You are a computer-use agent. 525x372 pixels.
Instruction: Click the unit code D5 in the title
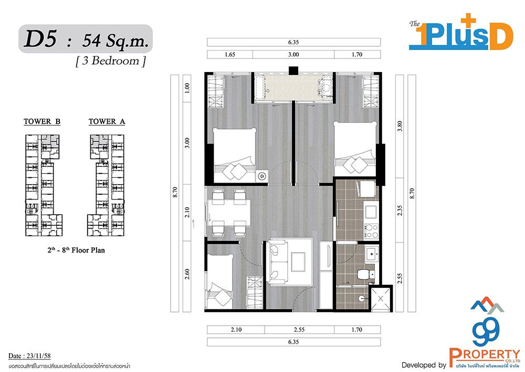(41, 39)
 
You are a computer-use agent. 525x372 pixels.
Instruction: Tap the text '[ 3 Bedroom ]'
(111, 61)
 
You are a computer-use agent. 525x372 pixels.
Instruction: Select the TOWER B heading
(42, 122)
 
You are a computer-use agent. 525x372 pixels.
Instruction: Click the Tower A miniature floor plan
(106, 185)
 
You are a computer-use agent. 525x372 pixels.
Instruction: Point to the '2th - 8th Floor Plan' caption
(76, 250)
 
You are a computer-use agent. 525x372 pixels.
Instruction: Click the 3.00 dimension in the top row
(293, 54)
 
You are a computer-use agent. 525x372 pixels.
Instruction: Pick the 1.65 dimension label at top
(230, 54)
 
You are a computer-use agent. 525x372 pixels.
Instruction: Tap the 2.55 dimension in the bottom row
(299, 330)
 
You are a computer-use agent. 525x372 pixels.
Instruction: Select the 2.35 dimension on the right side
(400, 210)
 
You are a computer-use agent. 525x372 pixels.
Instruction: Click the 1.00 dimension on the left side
(187, 87)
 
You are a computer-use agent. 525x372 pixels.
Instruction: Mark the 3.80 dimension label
(400, 126)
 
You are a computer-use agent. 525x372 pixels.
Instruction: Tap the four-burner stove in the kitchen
(371, 230)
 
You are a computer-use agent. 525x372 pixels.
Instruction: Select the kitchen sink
(371, 212)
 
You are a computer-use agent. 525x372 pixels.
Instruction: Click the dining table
(229, 212)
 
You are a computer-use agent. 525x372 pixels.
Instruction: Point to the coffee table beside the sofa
(298, 262)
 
